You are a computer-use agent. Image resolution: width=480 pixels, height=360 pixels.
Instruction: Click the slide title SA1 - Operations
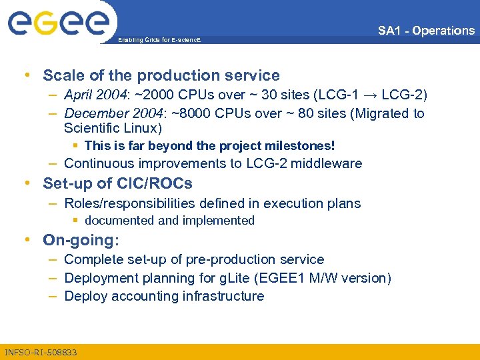coord(426,31)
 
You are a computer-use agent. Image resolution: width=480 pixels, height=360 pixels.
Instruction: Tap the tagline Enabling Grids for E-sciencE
coord(159,41)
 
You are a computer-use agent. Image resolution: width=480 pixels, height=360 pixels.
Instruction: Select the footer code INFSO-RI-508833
coord(41,352)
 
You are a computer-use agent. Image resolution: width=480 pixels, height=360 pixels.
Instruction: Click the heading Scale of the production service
coord(161,75)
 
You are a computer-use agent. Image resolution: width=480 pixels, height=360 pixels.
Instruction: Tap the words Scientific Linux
coord(113,128)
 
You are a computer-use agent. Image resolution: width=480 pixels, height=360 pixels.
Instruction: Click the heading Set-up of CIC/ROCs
coord(117,183)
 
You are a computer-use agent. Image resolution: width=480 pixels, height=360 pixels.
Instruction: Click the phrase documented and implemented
coord(169,221)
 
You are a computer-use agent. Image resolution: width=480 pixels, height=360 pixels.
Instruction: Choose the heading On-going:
coord(81,240)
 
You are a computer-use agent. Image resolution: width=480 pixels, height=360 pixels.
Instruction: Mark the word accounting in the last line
coord(140,296)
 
